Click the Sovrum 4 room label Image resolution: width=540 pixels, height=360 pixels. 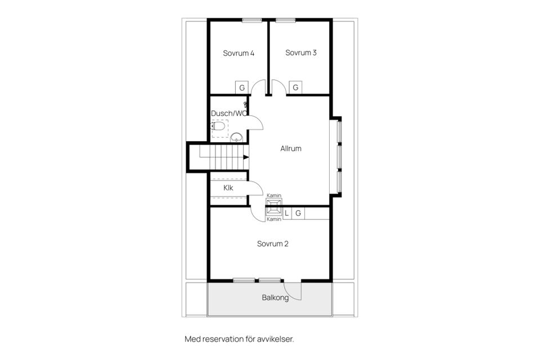tap(238, 53)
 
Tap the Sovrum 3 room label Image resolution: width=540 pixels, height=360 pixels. tap(301, 53)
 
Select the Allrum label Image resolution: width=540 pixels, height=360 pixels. tap(291, 149)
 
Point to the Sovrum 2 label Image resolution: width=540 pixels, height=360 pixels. tap(273, 244)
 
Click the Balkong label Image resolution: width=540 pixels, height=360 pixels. tap(275, 298)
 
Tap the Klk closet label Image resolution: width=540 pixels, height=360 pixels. tap(228, 188)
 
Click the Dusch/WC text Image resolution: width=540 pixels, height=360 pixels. tap(228, 114)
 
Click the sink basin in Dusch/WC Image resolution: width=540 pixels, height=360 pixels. tap(237, 136)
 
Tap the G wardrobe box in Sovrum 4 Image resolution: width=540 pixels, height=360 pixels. tap(241, 88)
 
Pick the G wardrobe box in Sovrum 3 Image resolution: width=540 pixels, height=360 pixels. tap(295, 88)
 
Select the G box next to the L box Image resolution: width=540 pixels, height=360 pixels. tap(298, 213)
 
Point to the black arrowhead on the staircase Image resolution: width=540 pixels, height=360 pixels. tap(246, 157)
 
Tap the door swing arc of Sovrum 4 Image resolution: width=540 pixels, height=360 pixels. tap(258, 87)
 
